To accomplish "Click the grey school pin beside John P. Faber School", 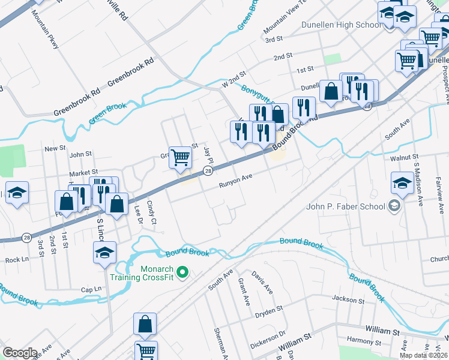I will click(x=394, y=207).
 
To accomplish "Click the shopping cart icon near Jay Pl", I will click(x=180, y=157).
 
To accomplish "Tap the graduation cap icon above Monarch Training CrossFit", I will click(x=104, y=253).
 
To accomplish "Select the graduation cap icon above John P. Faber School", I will click(x=402, y=183).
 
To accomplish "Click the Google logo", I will click(x=20, y=353).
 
